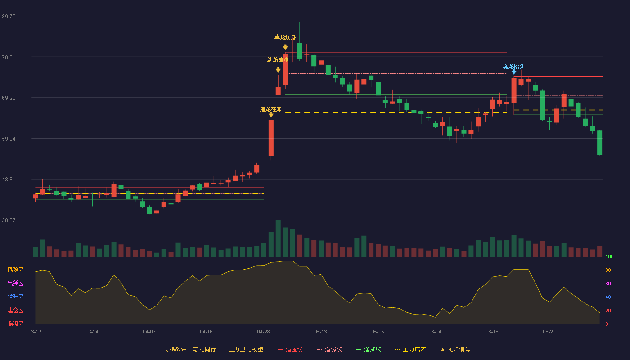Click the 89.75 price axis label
click(x=9, y=17)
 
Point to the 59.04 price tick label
click(x=9, y=139)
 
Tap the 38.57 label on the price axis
click(x=9, y=220)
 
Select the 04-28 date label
click(x=263, y=332)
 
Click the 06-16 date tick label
click(x=492, y=332)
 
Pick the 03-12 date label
click(x=35, y=332)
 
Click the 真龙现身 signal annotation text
click(x=285, y=37)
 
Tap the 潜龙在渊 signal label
click(x=271, y=109)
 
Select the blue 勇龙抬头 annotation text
click(x=514, y=67)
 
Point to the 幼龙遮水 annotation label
click(x=278, y=59)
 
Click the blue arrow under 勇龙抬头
click(x=514, y=72)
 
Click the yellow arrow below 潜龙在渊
click(x=271, y=115)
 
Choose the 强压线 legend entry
click(x=290, y=349)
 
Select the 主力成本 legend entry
click(x=410, y=349)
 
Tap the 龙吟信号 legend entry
click(x=455, y=349)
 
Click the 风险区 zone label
click(x=15, y=270)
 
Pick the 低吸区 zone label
click(x=15, y=324)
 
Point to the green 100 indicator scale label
click(x=609, y=256)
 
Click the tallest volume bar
click(x=278, y=238)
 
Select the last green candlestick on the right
click(x=599, y=143)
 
